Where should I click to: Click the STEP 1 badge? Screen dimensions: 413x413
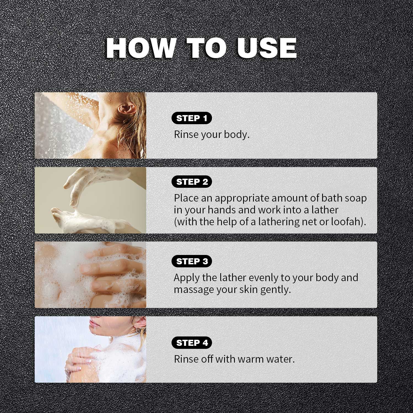[x=192, y=118]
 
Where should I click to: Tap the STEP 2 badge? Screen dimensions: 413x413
[x=192, y=182]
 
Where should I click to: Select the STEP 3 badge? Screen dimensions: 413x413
[x=192, y=261]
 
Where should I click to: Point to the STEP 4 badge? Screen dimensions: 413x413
[x=192, y=343]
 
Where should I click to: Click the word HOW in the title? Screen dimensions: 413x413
[x=140, y=48]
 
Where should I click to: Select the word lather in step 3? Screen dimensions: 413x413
[x=232, y=278]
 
